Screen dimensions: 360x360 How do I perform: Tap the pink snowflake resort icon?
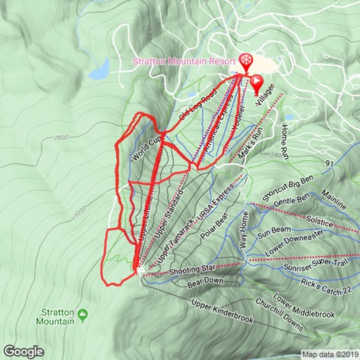(x=245, y=60)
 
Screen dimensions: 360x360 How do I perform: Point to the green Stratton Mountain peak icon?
(x=83, y=313)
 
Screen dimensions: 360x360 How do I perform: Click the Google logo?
(x=23, y=351)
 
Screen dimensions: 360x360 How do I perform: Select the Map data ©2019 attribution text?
(x=329, y=355)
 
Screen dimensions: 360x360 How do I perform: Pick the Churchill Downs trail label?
(x=281, y=315)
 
